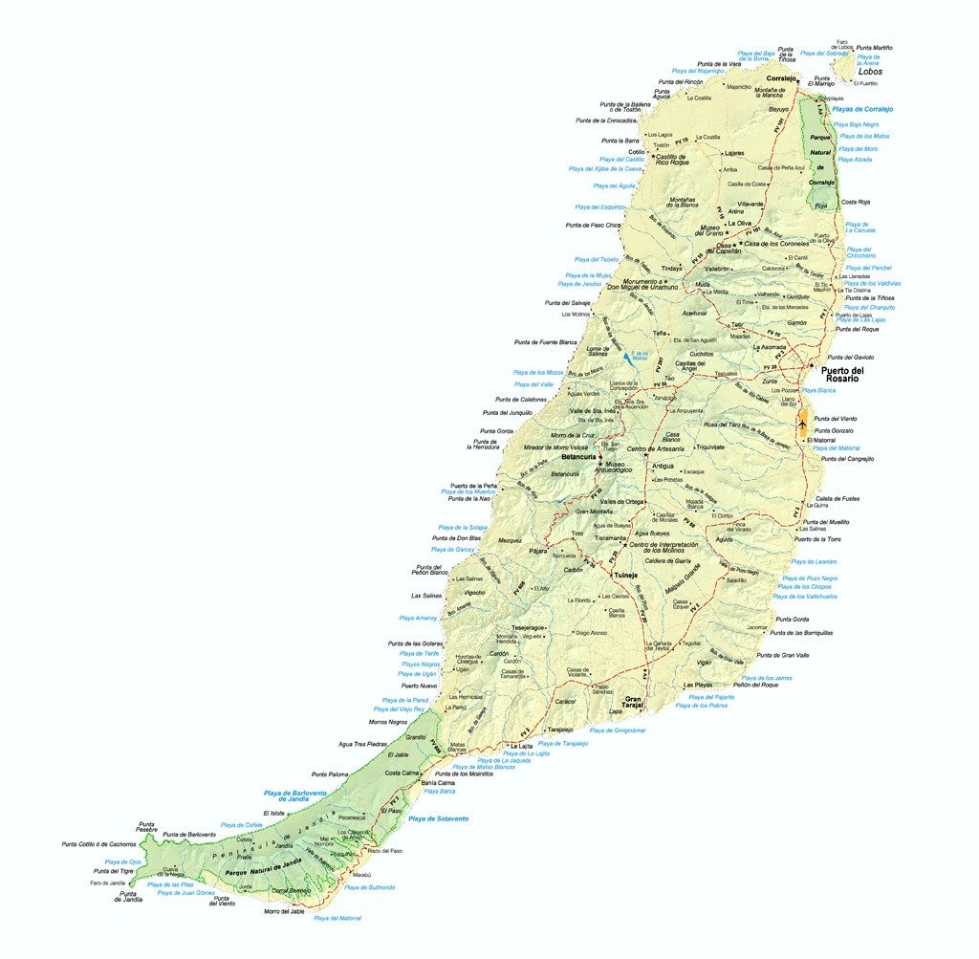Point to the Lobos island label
(870, 72)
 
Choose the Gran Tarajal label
(634, 703)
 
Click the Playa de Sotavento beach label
(438, 819)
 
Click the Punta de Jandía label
(130, 897)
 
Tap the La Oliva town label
(739, 223)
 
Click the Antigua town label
(663, 466)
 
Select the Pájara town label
(538, 551)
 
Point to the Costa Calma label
(403, 773)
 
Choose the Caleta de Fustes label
(839, 498)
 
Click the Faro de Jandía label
(108, 883)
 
